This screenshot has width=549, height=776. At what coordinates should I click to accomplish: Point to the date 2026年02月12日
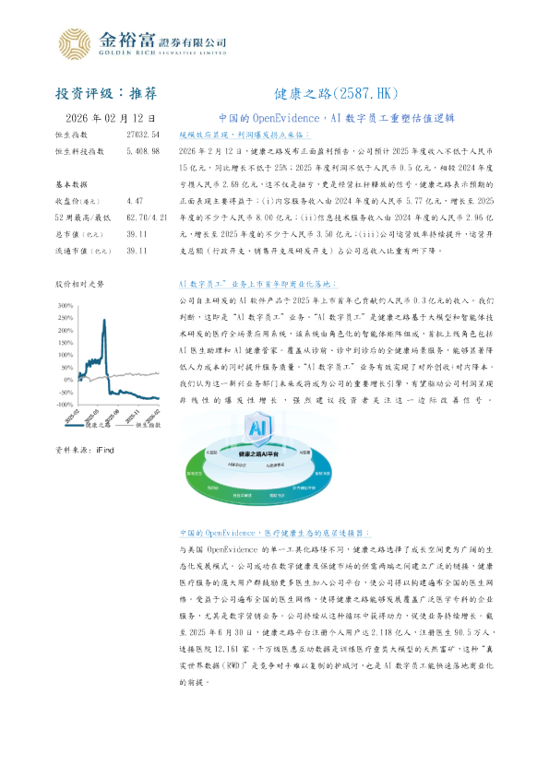tap(107, 119)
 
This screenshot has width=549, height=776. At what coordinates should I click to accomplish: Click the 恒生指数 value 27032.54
tap(143, 135)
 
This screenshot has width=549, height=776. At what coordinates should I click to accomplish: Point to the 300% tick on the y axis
tap(66, 305)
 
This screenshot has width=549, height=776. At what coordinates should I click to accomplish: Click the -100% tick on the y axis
tap(64, 405)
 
